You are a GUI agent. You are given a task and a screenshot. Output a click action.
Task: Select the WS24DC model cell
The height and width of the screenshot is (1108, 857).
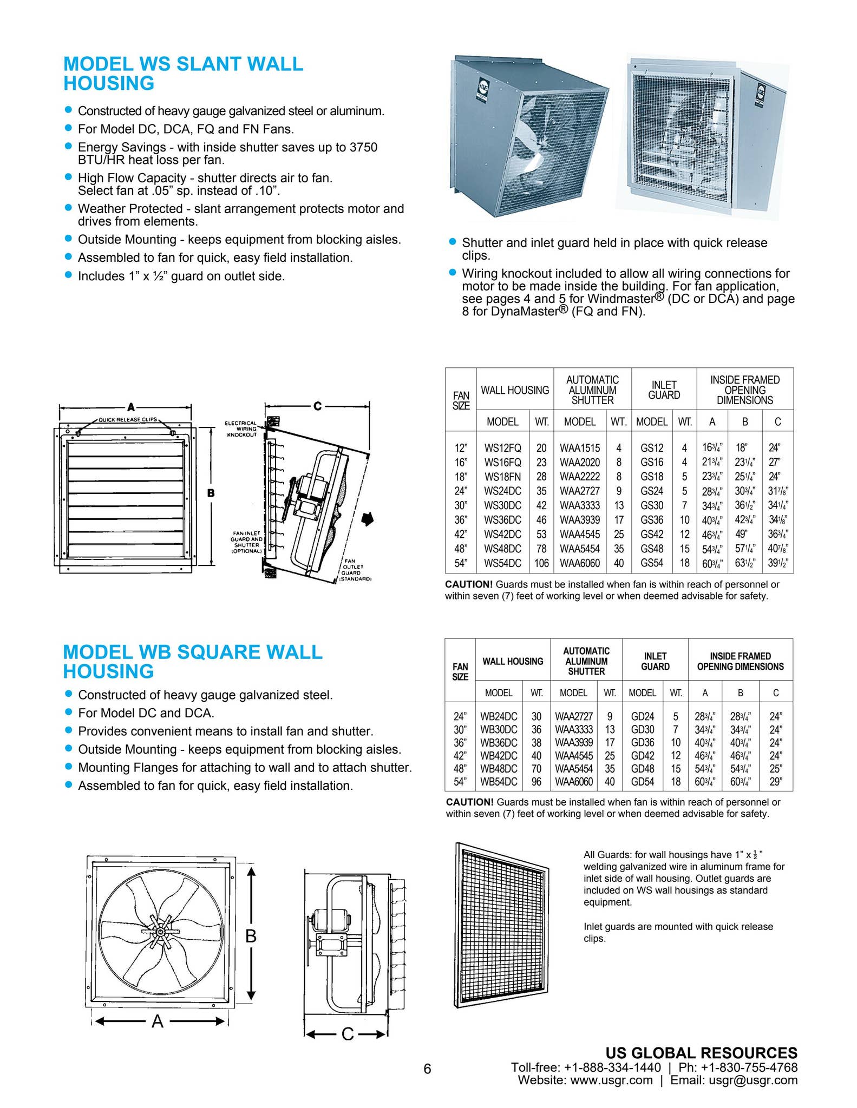pyautogui.click(x=502, y=491)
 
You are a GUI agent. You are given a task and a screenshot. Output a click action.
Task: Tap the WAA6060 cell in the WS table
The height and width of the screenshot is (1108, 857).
pyautogui.click(x=579, y=563)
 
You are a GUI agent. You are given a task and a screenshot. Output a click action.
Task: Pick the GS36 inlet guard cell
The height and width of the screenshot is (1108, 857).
pyautogui.click(x=651, y=520)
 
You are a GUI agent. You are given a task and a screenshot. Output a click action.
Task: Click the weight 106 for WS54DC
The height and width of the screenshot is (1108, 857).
pyautogui.click(x=541, y=563)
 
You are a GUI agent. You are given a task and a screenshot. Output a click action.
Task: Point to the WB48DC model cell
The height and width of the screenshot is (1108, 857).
pyautogui.click(x=499, y=769)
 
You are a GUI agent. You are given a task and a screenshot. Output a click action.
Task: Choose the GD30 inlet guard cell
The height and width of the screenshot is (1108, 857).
pyautogui.click(x=643, y=729)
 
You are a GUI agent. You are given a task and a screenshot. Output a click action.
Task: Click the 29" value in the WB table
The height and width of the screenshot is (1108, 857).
pyautogui.click(x=776, y=782)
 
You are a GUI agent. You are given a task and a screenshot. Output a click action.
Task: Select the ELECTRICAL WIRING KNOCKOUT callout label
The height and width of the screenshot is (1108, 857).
pyautogui.click(x=241, y=429)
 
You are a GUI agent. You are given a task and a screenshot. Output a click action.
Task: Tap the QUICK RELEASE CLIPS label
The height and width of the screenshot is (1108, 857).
pyautogui.click(x=127, y=420)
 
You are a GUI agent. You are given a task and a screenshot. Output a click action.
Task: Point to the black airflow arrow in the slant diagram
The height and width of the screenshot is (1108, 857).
pyautogui.click(x=368, y=519)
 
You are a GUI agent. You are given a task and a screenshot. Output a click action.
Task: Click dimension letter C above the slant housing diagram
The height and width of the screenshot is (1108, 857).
pyautogui.click(x=317, y=406)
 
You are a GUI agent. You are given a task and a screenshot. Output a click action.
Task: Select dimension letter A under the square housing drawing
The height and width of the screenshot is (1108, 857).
pyautogui.click(x=157, y=1021)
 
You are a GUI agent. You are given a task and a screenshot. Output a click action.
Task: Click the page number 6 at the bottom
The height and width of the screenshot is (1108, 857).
pyautogui.click(x=427, y=1069)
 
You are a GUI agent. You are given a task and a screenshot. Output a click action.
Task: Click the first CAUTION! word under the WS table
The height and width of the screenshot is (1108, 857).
pyautogui.click(x=469, y=584)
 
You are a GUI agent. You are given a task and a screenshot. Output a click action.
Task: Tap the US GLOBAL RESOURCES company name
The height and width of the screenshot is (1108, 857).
pyautogui.click(x=701, y=1053)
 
